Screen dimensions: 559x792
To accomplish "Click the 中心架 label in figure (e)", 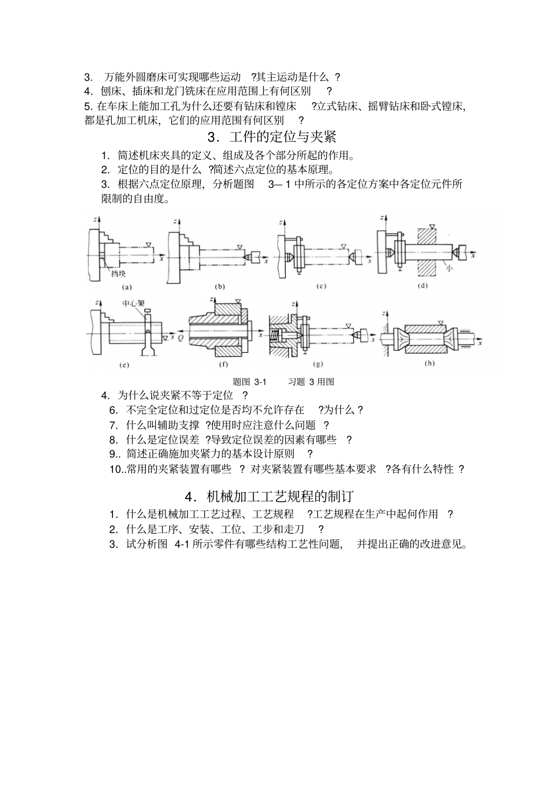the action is (x=133, y=303).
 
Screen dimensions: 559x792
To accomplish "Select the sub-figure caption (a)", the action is (x=126, y=287).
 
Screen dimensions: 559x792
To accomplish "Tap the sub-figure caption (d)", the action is (x=421, y=286).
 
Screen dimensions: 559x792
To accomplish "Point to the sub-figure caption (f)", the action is (x=224, y=365).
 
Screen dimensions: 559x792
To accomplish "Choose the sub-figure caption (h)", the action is (x=430, y=363).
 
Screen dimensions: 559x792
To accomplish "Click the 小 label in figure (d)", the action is (x=448, y=268).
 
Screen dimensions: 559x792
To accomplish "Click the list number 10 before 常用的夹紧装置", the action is (x=114, y=469).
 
